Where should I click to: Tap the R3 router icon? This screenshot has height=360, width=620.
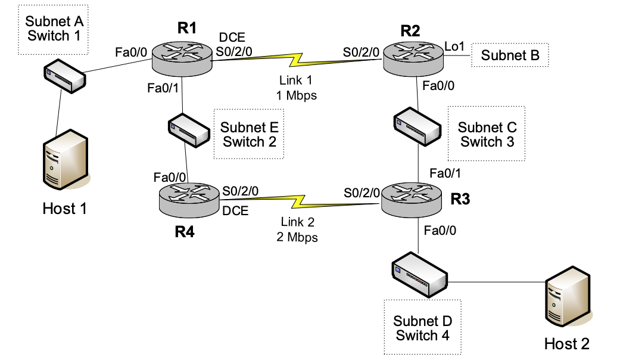coord(412,200)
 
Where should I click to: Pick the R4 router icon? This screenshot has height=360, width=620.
coord(189,199)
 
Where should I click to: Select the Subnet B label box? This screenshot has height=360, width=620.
coord(510,55)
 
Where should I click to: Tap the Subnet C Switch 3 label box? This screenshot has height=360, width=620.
coord(487,134)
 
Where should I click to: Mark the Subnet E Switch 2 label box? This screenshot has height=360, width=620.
coord(249,134)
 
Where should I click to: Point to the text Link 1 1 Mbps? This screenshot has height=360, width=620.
coord(296,87)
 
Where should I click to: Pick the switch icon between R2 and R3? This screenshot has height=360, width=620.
coord(418,125)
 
